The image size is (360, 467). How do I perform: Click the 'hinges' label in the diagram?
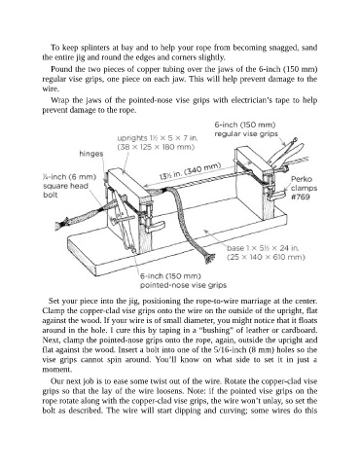point(91,154)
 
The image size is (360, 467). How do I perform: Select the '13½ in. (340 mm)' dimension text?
point(191,172)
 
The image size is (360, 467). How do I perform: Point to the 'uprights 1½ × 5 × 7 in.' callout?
point(158,138)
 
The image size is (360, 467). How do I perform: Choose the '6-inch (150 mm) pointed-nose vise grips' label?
point(183,280)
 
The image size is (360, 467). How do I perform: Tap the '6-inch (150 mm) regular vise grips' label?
point(246,129)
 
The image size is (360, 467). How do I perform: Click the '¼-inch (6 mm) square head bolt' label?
point(69,186)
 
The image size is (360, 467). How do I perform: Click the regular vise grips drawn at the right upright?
point(286,153)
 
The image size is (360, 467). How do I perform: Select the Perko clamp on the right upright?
point(274,189)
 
